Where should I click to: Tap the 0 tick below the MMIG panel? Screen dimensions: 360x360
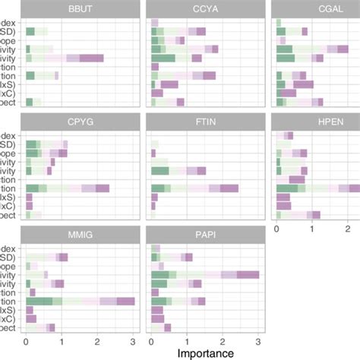[27, 339]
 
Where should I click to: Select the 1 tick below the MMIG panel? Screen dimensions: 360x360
[62, 339]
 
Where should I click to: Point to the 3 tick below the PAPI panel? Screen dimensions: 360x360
[258, 339]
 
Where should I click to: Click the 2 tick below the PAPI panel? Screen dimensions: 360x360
[223, 339]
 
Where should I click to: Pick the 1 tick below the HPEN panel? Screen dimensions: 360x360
[312, 227]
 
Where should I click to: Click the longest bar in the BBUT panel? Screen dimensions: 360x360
[65, 58]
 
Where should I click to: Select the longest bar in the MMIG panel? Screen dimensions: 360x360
[80, 302]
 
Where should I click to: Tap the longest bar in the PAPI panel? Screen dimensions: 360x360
[205, 275]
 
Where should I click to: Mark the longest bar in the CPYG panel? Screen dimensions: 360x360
[67, 188]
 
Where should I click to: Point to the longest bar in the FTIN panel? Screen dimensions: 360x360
[194, 188]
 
